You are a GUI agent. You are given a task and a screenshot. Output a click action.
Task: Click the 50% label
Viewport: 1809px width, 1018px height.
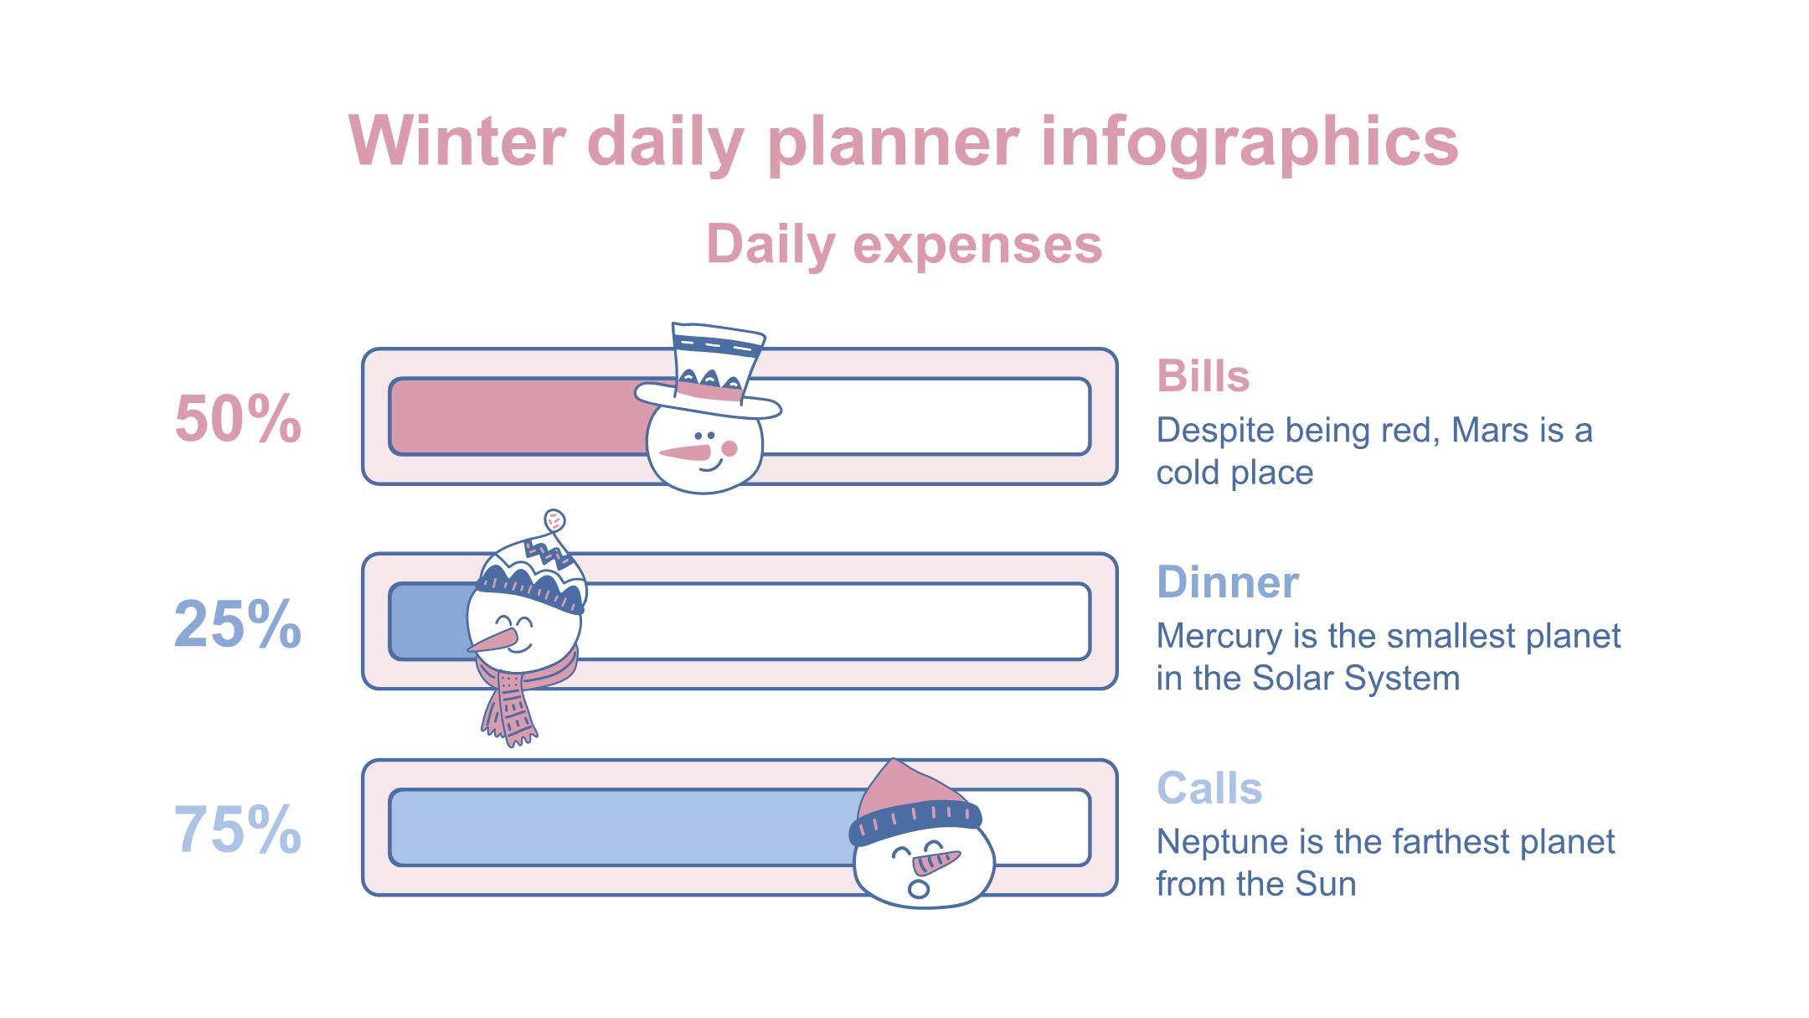coord(238,419)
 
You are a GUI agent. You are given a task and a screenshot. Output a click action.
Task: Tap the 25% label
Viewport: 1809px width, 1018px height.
coord(238,625)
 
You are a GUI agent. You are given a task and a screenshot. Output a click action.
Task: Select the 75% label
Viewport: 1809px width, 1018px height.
coord(238,830)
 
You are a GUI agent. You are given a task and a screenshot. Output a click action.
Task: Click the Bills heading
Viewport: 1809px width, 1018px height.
coord(1203,376)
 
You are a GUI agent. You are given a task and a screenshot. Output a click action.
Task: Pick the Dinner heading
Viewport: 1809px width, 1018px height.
coord(1228,582)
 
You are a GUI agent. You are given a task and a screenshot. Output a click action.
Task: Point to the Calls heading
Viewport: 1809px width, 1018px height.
coord(1209,788)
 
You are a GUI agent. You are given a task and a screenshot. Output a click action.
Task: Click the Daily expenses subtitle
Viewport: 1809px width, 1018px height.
coord(904,245)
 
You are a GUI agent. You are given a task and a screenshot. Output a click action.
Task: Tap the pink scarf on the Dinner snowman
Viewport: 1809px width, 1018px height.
coord(521,695)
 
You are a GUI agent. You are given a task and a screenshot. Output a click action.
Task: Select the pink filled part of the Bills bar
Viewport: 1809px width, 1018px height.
coord(517,416)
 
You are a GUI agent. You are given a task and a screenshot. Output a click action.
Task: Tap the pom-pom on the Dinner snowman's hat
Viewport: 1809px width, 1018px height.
coord(554,520)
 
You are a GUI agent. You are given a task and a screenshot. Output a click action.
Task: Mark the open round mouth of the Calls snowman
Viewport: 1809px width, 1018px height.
coord(919,888)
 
